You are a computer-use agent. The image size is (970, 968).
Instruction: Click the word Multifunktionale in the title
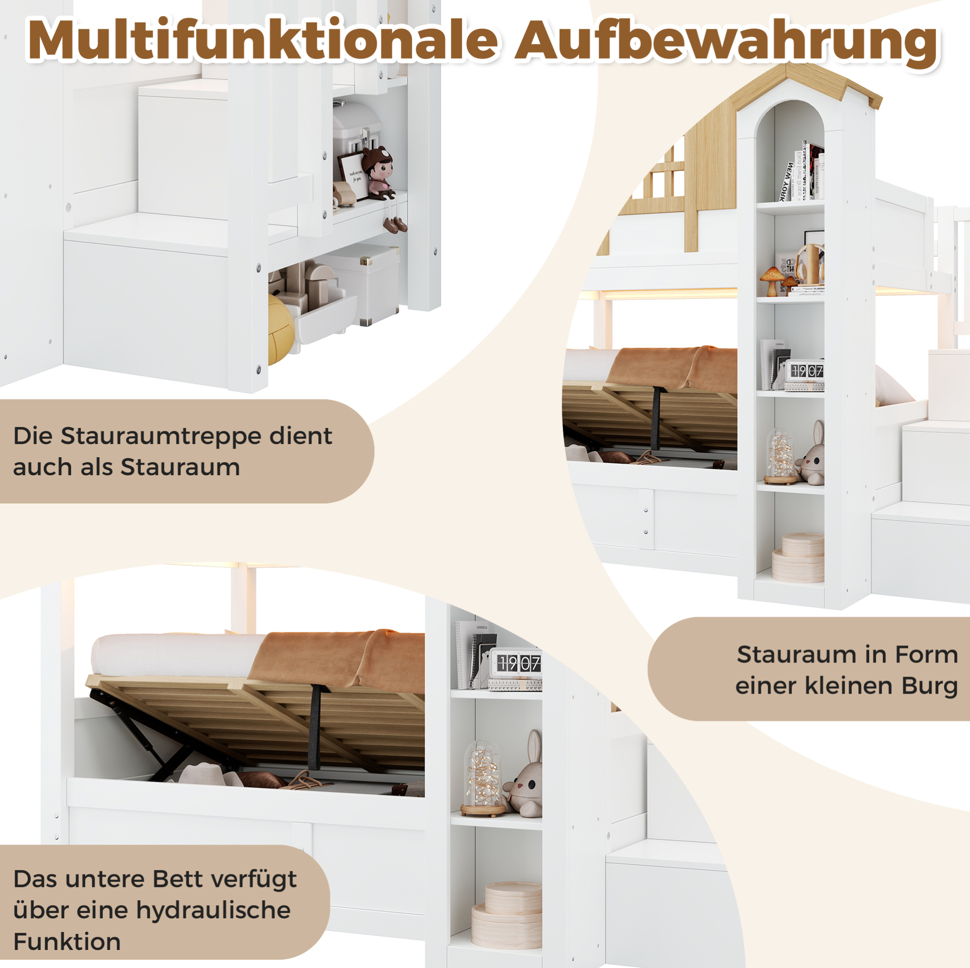pyautogui.click(x=263, y=40)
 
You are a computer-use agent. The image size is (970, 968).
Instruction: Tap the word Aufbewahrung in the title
pyautogui.click(x=726, y=43)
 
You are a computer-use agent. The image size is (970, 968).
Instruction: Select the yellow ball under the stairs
pyautogui.click(x=281, y=329)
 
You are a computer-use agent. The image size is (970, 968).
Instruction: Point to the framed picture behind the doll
pyautogui.click(x=353, y=176)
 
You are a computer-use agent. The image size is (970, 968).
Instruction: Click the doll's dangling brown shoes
pyautogui.click(x=394, y=225)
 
